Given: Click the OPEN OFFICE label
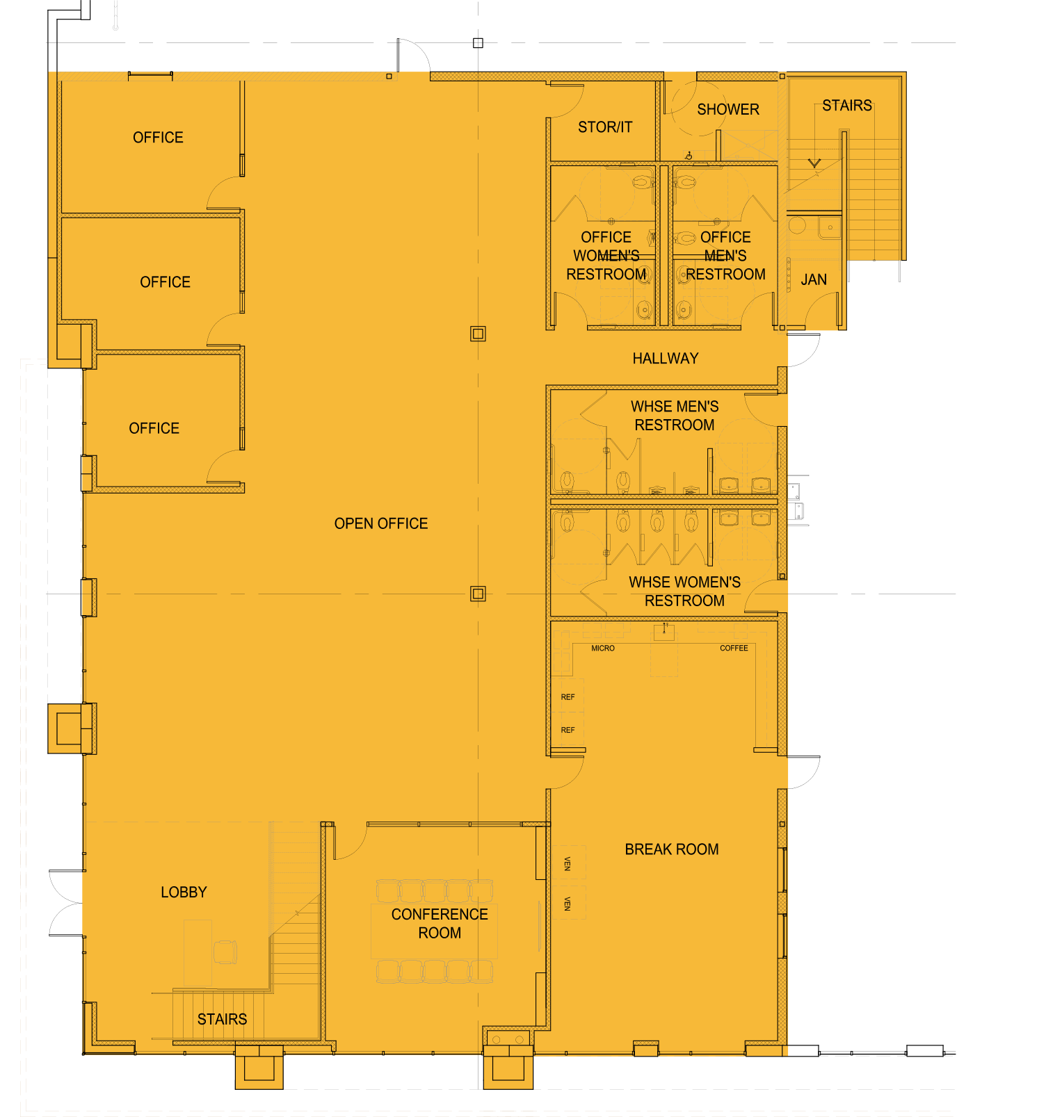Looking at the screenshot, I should pos(381,523).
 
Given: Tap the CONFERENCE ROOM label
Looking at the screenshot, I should pos(440,924).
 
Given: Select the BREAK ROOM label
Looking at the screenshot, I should pos(672,849).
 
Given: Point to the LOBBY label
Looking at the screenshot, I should pos(184,892).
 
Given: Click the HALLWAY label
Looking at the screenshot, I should pos(666,359).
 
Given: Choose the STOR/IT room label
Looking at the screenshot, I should pos(605,127).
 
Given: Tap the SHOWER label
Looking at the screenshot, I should pos(728,110).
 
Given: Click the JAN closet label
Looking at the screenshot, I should pos(814,279).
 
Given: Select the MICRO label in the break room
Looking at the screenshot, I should pos(603,649).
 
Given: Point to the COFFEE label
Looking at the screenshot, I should pos(734,649).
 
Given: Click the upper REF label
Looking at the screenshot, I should pos(568,697).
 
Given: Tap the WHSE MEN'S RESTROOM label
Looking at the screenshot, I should pos(675,416).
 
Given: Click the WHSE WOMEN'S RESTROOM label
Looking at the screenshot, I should pos(684,592).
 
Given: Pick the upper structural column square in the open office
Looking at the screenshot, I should pos(478,334).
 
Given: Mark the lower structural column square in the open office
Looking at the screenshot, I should pos(478,594).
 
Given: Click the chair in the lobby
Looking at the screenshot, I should pos(225,952).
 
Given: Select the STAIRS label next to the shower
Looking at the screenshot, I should pos(846,106).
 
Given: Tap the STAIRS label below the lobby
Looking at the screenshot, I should pos(222,1019).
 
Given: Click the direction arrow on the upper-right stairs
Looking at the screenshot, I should pos(814,164).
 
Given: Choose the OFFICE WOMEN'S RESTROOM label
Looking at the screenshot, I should pos(606,256).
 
